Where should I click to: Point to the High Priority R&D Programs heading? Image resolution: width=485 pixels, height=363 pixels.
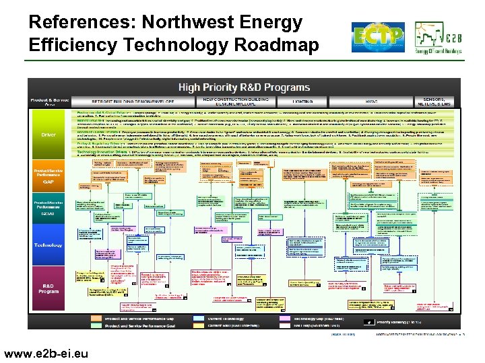tap(244, 87)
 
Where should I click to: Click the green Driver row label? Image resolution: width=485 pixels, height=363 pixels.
tap(49, 134)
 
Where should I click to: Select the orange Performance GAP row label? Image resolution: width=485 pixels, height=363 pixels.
tap(49, 176)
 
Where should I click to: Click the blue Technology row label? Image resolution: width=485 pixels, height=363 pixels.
tap(49, 245)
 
